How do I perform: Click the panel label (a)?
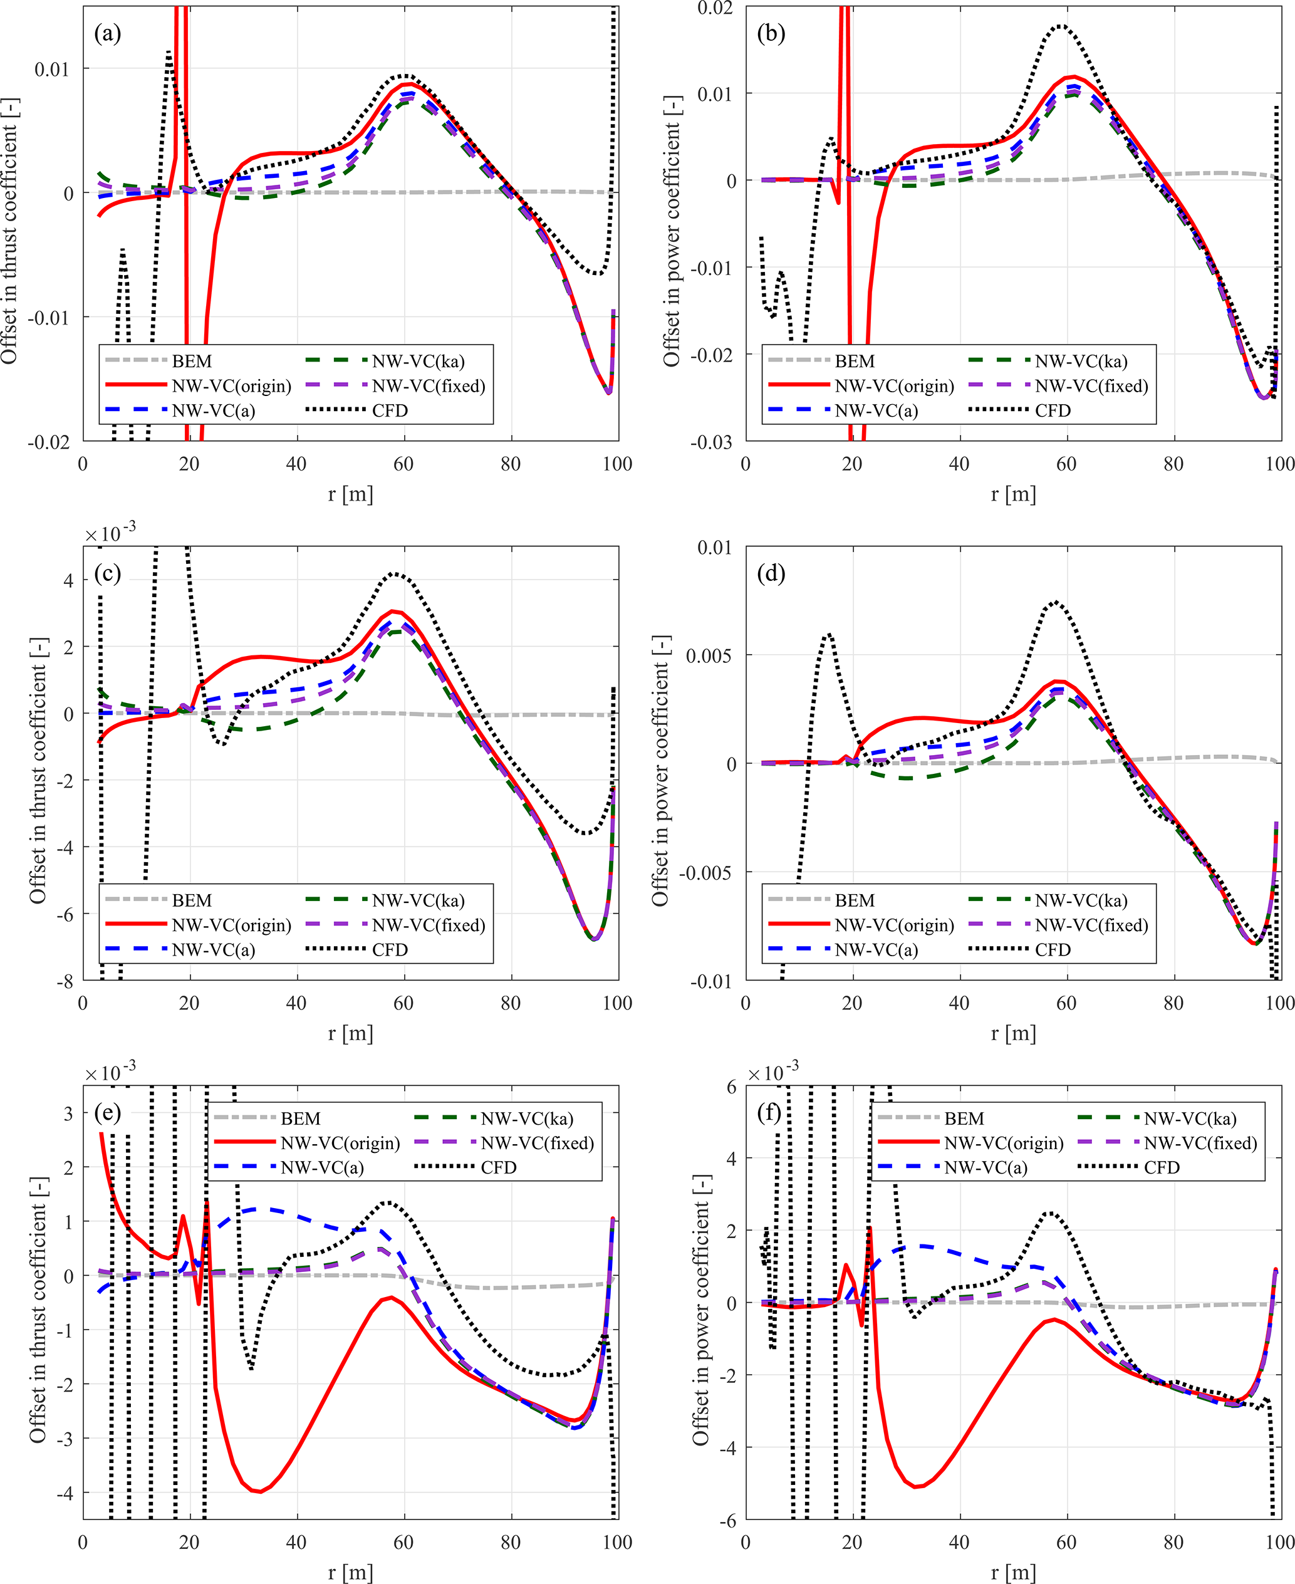(x=107, y=34)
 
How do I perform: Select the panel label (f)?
(x=770, y=1113)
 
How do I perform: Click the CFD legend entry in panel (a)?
(x=390, y=410)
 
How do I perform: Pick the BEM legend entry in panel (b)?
(x=854, y=361)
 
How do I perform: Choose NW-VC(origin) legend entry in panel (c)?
(x=231, y=925)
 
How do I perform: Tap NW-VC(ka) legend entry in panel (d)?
(x=1081, y=900)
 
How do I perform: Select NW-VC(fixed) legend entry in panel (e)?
(x=537, y=1143)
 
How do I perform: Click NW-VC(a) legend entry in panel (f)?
(x=986, y=1168)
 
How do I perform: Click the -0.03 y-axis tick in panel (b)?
(x=712, y=442)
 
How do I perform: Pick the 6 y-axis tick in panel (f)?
(x=731, y=1087)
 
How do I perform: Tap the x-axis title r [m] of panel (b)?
(x=1013, y=494)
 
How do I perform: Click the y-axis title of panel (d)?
(x=661, y=771)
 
